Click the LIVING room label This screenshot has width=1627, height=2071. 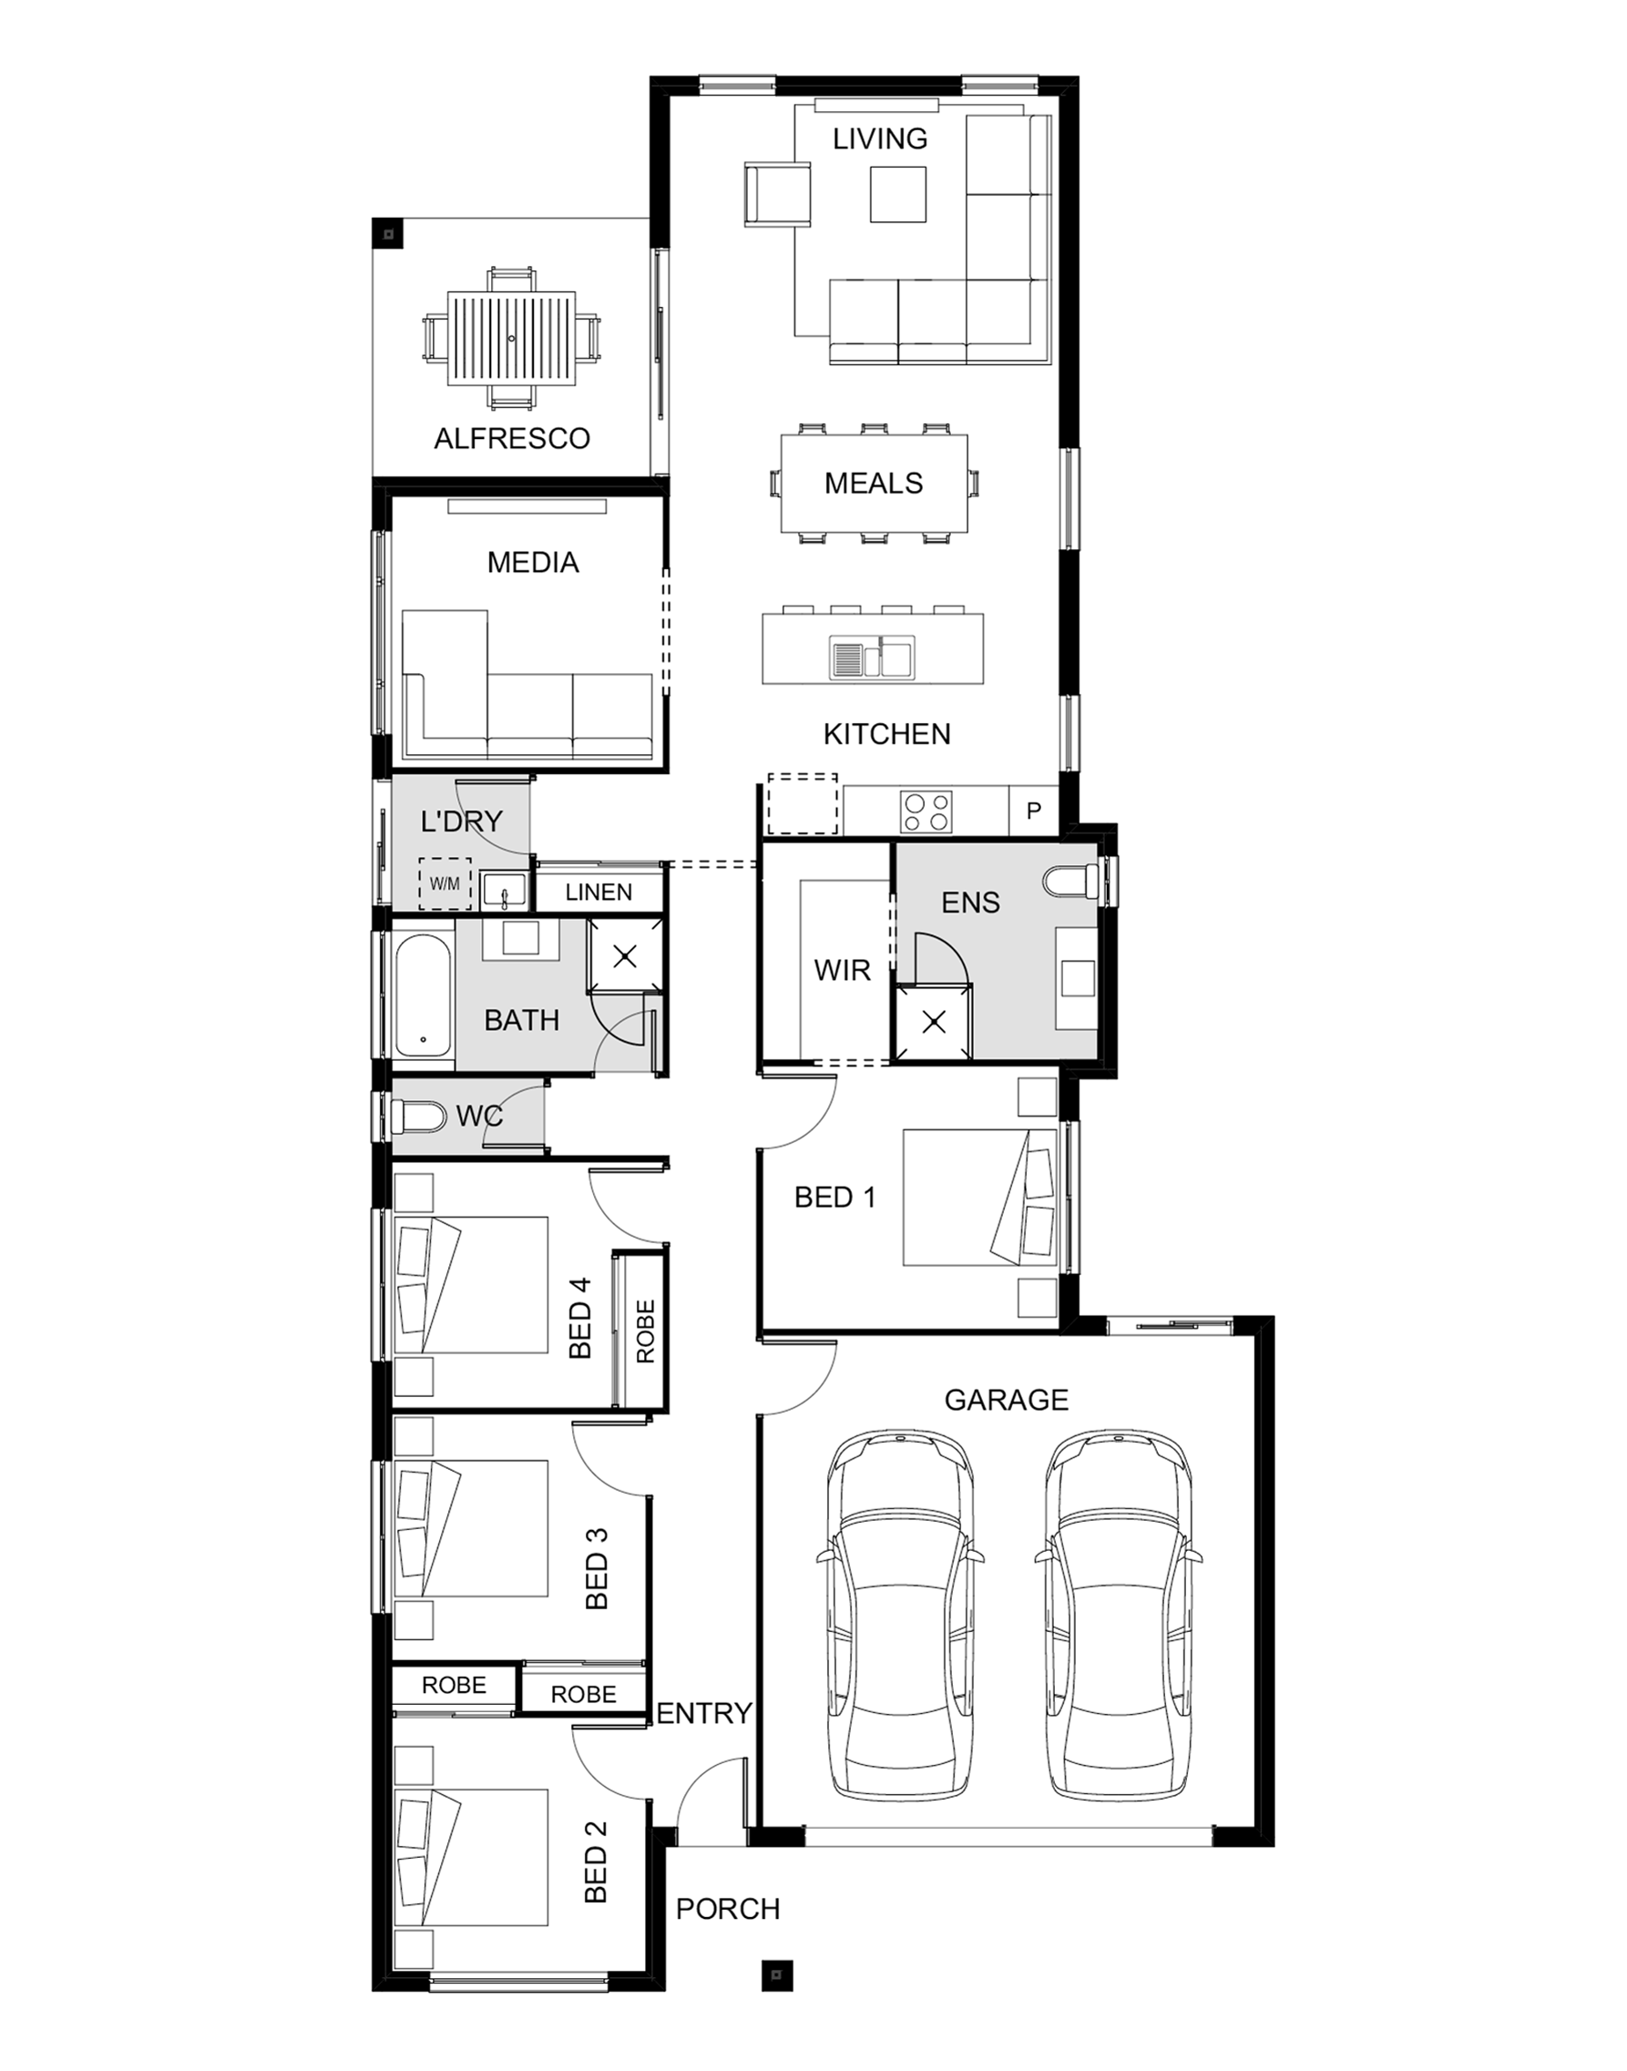pyautogui.click(x=879, y=139)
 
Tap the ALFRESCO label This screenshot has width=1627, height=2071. pyautogui.click(x=513, y=439)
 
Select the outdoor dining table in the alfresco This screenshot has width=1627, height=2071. pyautogui.click(x=512, y=338)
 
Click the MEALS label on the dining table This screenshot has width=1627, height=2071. pyautogui.click(x=874, y=484)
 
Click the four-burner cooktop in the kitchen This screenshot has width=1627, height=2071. pyautogui.click(x=926, y=811)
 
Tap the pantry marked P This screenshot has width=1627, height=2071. pyautogui.click(x=1034, y=811)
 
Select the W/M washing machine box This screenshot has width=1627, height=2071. pyautogui.click(x=445, y=883)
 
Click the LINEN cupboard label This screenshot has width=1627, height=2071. pyautogui.click(x=599, y=893)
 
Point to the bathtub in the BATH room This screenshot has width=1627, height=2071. pyautogui.click(x=423, y=996)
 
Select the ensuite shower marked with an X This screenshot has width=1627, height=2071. pyautogui.click(x=934, y=1023)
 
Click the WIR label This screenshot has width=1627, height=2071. pyautogui.click(x=842, y=970)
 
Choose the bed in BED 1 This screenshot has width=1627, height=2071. pyautogui.click(x=980, y=1197)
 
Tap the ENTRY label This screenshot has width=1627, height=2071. pyautogui.click(x=705, y=1713)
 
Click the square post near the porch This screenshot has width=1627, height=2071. pyautogui.click(x=776, y=1968)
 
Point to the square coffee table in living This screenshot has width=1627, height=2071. pyautogui.click(x=897, y=194)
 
